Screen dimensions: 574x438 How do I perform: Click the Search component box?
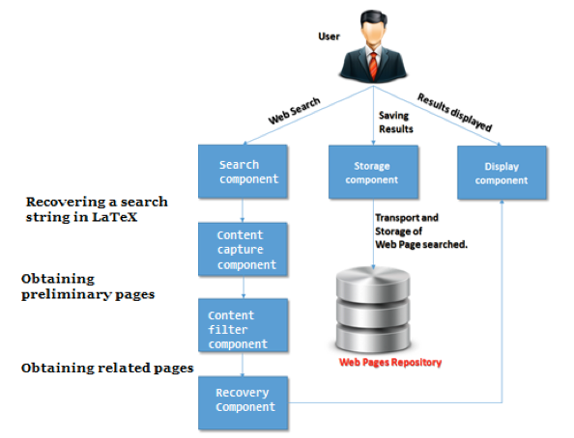243,172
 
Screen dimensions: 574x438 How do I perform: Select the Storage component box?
373,172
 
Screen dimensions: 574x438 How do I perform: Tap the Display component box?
502,173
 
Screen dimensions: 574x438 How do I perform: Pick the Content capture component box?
243,249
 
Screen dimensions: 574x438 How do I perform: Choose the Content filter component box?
243,325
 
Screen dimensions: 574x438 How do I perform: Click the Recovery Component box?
243,403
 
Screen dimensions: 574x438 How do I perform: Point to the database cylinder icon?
373,310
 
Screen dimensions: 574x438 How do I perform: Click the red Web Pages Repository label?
390,363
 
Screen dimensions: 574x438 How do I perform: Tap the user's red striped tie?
373,66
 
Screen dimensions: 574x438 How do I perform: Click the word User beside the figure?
329,37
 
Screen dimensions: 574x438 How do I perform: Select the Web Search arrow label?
294,111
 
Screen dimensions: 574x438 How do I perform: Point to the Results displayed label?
455,112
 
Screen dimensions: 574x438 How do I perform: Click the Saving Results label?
396,123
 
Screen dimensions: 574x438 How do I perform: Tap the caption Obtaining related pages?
107,369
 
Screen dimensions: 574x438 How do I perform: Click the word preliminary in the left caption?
67,294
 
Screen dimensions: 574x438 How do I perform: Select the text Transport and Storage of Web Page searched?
421,232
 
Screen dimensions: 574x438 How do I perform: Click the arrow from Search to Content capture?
243,210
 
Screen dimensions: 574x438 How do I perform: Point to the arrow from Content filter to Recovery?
243,364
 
